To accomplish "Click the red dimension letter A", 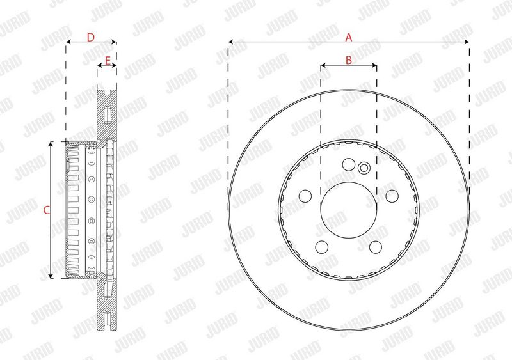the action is point(349,37).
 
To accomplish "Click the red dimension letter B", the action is point(349,60).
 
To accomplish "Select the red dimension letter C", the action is point(46,210).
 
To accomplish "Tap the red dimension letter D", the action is point(90,37).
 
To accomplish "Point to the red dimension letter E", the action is point(108,60).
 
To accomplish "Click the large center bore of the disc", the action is point(349,210).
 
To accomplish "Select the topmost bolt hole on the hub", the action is point(349,164).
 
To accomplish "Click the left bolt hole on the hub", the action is point(305,196).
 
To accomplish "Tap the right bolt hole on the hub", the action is point(392,196).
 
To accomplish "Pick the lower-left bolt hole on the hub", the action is point(322,247).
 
